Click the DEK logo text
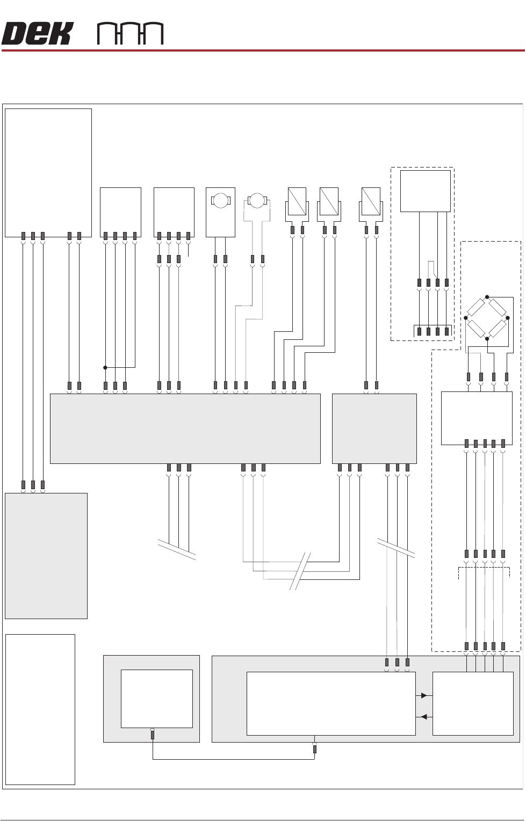(x=36, y=34)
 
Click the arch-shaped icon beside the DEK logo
(x=130, y=34)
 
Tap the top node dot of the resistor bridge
(x=487, y=297)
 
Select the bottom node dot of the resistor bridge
(x=487, y=339)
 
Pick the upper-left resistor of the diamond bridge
(x=476, y=308)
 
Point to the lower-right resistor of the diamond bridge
(x=498, y=328)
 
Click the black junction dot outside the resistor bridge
(x=105, y=367)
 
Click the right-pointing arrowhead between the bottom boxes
(x=424, y=695)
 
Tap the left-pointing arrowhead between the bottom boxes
(x=424, y=717)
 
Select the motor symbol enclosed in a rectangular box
(x=220, y=201)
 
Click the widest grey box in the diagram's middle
(x=185, y=428)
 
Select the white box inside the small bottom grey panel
(x=156, y=698)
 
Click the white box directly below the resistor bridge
(x=476, y=418)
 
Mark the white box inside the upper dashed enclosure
(x=426, y=191)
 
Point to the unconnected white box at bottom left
(x=40, y=709)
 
